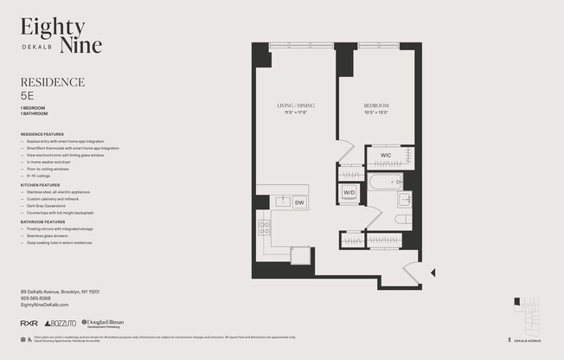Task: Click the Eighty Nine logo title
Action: tap(61, 35)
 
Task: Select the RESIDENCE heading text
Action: tap(52, 82)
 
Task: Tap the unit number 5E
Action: tap(28, 97)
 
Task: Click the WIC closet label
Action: tap(385, 156)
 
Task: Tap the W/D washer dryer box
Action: tap(349, 192)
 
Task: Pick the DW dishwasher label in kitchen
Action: tap(298, 202)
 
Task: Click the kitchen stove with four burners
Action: tap(265, 228)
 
